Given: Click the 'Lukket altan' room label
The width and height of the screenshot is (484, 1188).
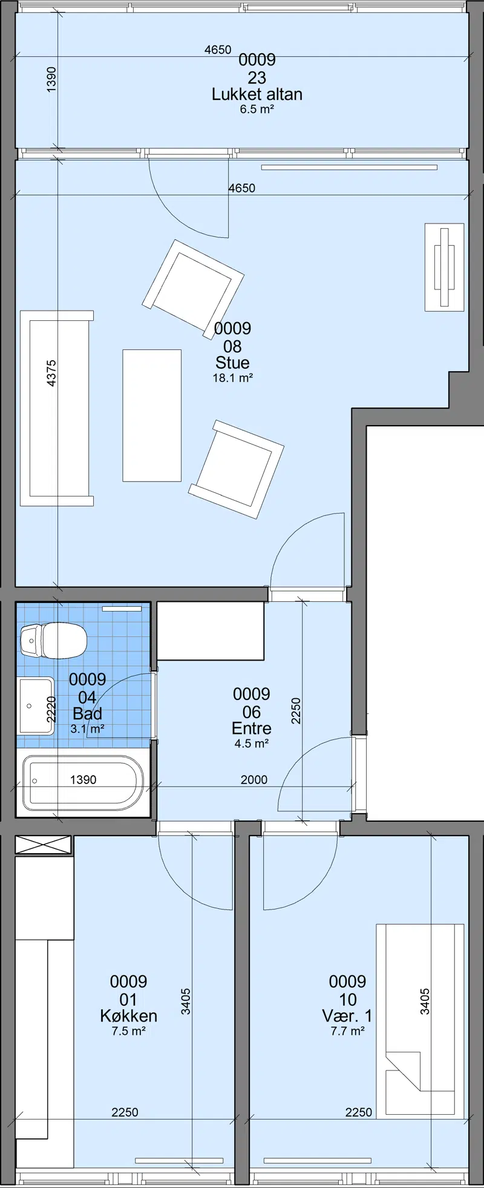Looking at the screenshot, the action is (x=257, y=94).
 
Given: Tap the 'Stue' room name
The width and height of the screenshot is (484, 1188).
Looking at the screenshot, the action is (x=232, y=363).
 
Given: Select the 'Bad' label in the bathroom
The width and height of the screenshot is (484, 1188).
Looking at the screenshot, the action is (x=88, y=713).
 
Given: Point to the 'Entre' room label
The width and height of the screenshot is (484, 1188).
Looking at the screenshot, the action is (x=252, y=728).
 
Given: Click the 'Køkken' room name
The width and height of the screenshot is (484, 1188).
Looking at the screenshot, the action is (x=129, y=1015).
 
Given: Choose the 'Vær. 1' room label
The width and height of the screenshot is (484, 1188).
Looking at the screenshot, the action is (x=347, y=1015).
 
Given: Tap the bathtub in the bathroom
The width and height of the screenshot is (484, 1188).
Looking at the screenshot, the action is (x=83, y=782).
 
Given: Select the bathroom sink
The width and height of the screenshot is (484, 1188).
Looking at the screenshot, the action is (x=36, y=705).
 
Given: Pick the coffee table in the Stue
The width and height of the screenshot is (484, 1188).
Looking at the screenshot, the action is (x=152, y=415).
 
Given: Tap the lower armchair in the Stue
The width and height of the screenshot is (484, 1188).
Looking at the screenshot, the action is (x=237, y=469).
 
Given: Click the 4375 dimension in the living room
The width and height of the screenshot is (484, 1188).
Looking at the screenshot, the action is (x=51, y=374).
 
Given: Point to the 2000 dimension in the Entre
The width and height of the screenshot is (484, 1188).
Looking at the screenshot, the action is (x=254, y=780).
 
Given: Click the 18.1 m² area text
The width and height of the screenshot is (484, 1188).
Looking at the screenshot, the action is (x=233, y=378).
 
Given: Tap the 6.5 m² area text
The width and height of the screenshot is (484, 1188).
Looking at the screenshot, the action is (x=257, y=110).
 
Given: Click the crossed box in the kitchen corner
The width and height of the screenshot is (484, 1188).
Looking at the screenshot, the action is (x=43, y=845).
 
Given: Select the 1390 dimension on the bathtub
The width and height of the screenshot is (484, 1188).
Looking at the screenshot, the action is (x=83, y=780).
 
